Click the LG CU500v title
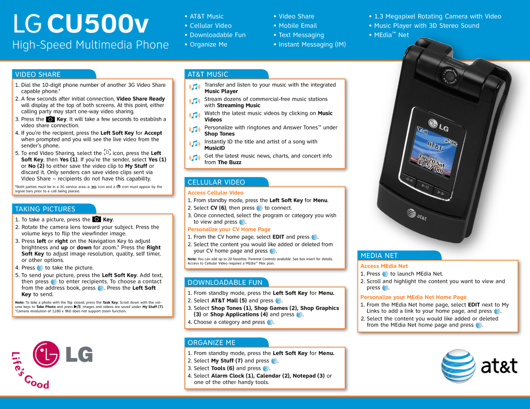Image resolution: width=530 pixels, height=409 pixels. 81,24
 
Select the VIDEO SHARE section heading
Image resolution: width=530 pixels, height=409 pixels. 38,75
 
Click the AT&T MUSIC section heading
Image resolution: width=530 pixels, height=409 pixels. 208,75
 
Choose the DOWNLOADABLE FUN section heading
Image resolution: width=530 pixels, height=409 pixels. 225,282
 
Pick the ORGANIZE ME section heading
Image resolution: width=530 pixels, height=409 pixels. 211,343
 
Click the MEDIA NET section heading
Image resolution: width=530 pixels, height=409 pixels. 379,256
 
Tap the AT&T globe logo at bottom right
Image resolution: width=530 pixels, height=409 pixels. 457,366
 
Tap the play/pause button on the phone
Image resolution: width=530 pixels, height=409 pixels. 425,187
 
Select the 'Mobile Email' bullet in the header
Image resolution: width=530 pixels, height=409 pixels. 297,26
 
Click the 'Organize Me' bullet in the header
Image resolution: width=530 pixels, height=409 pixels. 208,44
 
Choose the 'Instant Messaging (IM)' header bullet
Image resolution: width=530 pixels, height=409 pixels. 312,44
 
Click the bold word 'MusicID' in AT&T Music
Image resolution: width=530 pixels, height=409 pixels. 214,148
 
